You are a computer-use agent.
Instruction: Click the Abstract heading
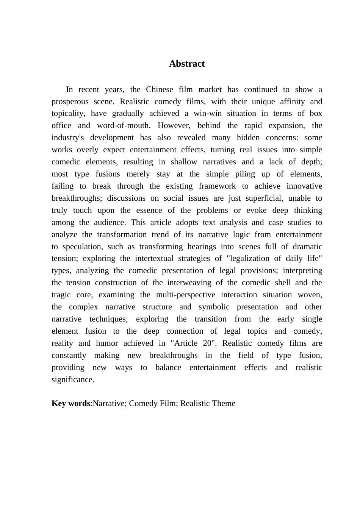click(187, 64)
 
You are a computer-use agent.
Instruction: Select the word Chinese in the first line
click(160, 89)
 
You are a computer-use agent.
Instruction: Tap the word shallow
click(184, 162)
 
